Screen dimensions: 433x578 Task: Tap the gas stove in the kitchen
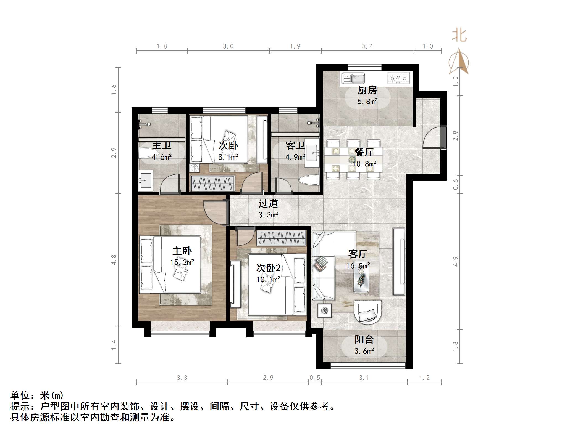point(398,78)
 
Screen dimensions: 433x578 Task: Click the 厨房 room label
point(367,90)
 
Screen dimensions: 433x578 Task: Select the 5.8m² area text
point(367,102)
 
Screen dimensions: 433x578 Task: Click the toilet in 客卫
point(308,180)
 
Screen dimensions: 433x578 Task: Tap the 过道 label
point(268,204)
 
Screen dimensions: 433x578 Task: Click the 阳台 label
point(364,339)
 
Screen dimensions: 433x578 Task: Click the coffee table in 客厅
point(361,279)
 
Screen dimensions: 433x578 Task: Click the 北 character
point(459,36)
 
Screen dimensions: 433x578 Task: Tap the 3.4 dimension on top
point(367,46)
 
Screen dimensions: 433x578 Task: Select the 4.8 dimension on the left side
point(114,260)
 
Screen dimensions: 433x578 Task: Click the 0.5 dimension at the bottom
point(315,378)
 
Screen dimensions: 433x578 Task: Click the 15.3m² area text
point(182,262)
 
